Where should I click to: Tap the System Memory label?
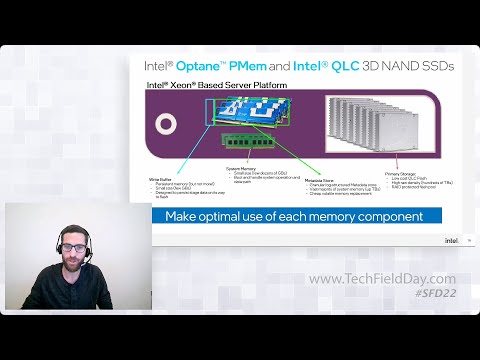[x=242, y=169]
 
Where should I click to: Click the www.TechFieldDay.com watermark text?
[x=381, y=279]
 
